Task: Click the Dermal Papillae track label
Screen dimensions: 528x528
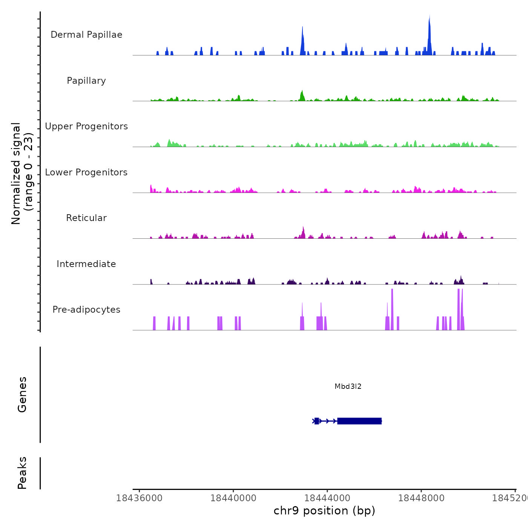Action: pyautogui.click(x=86, y=35)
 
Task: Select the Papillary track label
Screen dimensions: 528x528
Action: pyautogui.click(x=86, y=81)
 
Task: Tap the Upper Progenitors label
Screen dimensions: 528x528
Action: pyautogui.click(x=86, y=126)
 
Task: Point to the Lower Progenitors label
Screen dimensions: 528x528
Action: pyautogui.click(x=86, y=172)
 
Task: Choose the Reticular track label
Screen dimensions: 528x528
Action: pyautogui.click(x=86, y=218)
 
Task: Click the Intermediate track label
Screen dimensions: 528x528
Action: pyautogui.click(x=86, y=264)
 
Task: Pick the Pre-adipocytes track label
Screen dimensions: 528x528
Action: pyautogui.click(x=86, y=310)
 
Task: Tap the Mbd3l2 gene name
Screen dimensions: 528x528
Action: pyautogui.click(x=348, y=386)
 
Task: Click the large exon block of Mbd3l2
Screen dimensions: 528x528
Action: pyautogui.click(x=359, y=421)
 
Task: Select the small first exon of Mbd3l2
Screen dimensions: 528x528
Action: pyautogui.click(x=316, y=421)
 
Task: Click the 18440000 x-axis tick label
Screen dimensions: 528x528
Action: pyautogui.click(x=233, y=498)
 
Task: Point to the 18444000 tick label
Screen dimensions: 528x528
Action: pyautogui.click(x=327, y=498)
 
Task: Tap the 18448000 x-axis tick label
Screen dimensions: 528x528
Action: pyautogui.click(x=421, y=498)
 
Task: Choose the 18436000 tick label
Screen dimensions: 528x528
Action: pyautogui.click(x=139, y=498)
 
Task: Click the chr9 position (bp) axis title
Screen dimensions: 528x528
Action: pyautogui.click(x=324, y=511)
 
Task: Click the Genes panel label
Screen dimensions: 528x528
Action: pyautogui.click(x=22, y=394)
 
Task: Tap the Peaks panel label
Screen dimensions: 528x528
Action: pyautogui.click(x=22, y=473)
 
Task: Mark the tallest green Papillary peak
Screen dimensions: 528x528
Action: pyautogui.click(x=302, y=95)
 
